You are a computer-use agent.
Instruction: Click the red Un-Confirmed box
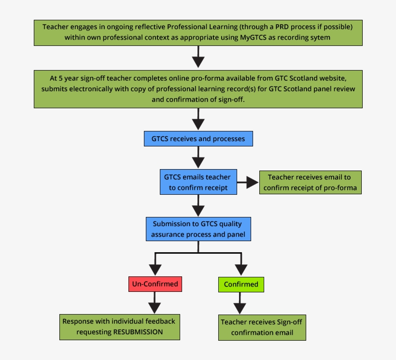(x=155, y=284)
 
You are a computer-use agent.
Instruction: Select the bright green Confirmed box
(x=241, y=284)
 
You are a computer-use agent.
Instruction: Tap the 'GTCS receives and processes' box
(x=198, y=139)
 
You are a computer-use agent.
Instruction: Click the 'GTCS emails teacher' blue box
(x=198, y=182)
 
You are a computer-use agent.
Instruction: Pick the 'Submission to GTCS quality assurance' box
(x=198, y=229)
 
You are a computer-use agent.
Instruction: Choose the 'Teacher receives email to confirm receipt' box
(x=310, y=182)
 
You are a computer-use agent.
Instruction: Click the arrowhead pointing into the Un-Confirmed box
(x=155, y=270)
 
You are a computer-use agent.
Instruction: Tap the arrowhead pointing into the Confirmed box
(x=240, y=270)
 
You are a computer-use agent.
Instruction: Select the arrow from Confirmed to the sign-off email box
(x=240, y=305)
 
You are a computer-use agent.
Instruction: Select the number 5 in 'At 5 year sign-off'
(x=60, y=77)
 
